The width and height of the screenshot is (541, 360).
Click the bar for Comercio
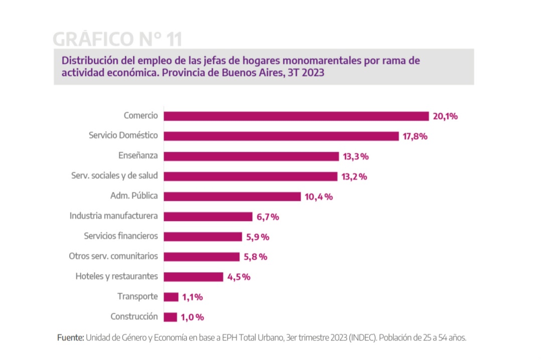click(x=296, y=116)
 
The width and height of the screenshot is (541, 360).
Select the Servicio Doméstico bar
click(x=281, y=136)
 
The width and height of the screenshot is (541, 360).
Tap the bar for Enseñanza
click(x=251, y=156)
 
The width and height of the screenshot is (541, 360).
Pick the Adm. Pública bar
click(x=232, y=197)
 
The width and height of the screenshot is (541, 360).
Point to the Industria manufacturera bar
click(x=208, y=217)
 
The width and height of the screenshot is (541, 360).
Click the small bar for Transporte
click(x=171, y=297)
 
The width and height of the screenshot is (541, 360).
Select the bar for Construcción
click(x=171, y=317)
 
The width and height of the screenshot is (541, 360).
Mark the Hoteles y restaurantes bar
click(x=194, y=277)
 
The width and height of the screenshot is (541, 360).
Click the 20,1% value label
click(x=446, y=116)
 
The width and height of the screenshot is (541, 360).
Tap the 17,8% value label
click(x=415, y=136)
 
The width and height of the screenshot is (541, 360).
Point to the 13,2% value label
click(x=355, y=176)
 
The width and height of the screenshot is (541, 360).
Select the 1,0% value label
click(x=193, y=317)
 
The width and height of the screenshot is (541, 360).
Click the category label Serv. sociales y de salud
click(x=115, y=176)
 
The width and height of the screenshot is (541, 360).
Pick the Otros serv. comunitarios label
click(x=113, y=256)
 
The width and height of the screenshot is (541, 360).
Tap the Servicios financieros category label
click(x=121, y=236)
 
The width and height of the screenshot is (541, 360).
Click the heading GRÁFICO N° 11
click(x=117, y=39)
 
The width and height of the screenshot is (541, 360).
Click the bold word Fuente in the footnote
click(x=70, y=338)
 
